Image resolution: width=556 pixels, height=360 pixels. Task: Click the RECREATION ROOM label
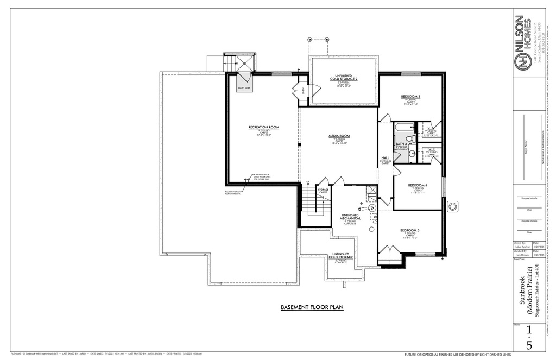click(x=263, y=127)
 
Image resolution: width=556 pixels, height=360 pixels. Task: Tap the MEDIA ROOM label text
click(x=339, y=136)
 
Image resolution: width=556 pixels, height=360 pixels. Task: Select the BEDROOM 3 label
click(x=410, y=97)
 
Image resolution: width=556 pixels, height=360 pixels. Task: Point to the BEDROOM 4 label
click(x=418, y=186)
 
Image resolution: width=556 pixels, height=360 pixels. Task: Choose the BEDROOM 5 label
click(x=410, y=230)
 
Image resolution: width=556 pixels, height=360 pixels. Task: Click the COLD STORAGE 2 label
click(x=343, y=79)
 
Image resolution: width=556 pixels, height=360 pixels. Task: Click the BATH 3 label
click(x=401, y=144)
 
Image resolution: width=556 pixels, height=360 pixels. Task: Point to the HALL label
click(x=385, y=158)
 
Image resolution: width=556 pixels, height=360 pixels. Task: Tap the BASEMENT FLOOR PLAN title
click(x=312, y=307)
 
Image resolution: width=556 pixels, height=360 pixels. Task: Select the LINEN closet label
click(x=304, y=90)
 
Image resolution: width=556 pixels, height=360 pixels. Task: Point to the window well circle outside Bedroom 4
click(x=452, y=207)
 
